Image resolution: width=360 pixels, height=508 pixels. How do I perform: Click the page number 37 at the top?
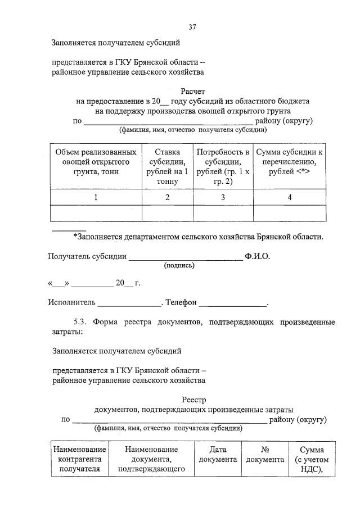pos(192,26)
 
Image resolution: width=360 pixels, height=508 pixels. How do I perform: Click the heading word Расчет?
pos(193,91)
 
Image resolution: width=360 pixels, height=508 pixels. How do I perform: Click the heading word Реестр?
pos(194,400)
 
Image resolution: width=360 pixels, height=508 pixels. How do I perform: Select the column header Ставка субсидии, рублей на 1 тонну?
pos(167,166)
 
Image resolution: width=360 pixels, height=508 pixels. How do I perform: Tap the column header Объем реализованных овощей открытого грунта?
pos(96,162)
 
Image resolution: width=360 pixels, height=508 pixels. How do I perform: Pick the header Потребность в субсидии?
pos(223,166)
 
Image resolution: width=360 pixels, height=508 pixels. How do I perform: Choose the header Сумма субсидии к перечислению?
pos(289,162)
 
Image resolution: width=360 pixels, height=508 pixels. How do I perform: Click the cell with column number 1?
pos(96,197)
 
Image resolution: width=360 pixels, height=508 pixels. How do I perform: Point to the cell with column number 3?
pos(223,197)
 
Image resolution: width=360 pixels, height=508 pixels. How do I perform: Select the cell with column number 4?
pos(289,197)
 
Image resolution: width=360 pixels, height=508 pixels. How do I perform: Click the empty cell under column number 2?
pos(167,214)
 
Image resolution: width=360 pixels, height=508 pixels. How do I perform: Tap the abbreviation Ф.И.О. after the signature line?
pos(258,256)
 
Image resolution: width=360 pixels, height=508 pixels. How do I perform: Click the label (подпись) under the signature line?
pos(179,265)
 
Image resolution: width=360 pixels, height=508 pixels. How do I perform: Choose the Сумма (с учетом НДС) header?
pos(312,460)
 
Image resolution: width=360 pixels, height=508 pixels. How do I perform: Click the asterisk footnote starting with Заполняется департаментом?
pos(198,237)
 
